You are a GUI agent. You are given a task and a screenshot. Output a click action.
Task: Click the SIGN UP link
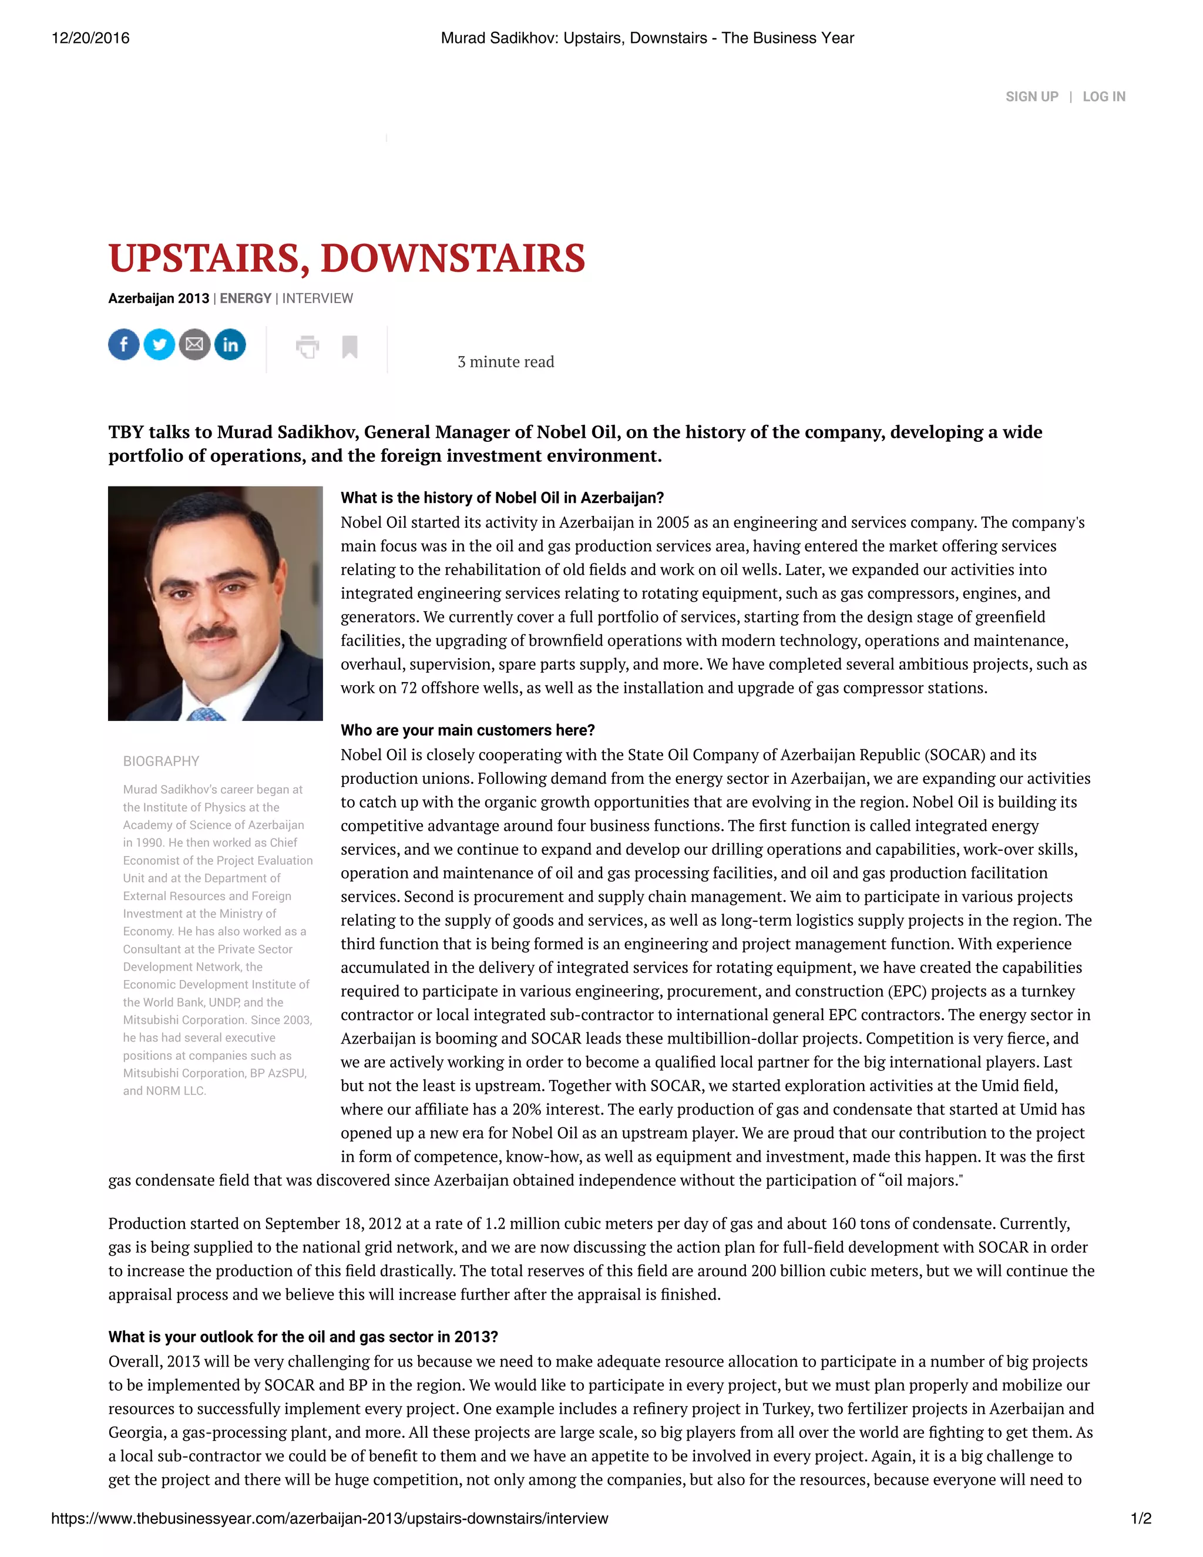click(1031, 97)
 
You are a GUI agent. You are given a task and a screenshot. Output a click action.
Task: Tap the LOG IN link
click(1103, 97)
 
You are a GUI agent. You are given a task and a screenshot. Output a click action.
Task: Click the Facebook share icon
click(124, 345)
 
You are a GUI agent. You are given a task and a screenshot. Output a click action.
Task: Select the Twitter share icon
click(160, 345)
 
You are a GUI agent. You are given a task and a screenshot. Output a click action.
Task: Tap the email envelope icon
click(194, 345)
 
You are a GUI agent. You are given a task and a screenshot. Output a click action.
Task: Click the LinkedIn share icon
click(230, 345)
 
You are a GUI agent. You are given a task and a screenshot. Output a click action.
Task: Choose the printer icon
click(307, 347)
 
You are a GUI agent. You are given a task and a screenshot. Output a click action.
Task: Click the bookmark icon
click(350, 347)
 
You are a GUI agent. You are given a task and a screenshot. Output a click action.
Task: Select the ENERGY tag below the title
click(245, 298)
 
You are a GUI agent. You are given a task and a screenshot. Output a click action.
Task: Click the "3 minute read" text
click(505, 362)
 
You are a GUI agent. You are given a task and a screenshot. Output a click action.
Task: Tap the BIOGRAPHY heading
click(161, 761)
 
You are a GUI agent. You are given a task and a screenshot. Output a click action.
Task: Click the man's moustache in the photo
click(211, 632)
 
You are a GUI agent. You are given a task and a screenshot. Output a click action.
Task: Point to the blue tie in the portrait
click(206, 713)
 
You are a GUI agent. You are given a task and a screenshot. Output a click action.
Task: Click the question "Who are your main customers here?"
click(468, 730)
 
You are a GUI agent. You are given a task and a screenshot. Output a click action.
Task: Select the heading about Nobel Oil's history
click(502, 498)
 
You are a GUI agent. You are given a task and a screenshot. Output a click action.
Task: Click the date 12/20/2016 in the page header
click(90, 39)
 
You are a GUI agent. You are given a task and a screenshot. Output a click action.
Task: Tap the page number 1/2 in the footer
click(1140, 1518)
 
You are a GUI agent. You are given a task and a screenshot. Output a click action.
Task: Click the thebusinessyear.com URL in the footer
click(330, 1518)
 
